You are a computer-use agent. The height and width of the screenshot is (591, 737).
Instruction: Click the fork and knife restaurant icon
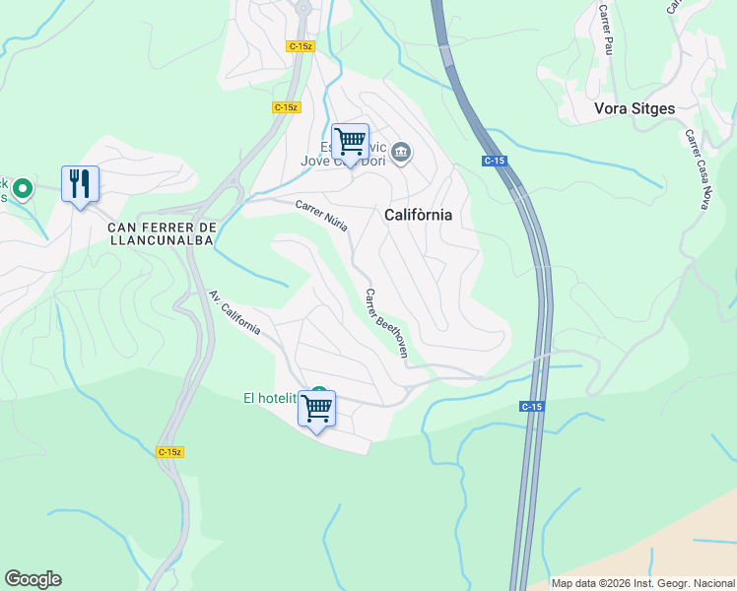(x=81, y=184)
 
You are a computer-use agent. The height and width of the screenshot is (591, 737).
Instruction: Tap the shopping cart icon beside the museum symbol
(x=350, y=142)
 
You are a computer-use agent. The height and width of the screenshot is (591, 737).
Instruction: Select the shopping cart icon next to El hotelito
(x=316, y=408)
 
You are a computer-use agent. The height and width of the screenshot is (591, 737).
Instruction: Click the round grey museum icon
(x=401, y=152)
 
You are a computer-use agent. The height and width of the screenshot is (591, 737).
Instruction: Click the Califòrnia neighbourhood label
(x=417, y=214)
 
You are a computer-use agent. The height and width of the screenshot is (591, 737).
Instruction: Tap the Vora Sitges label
(x=635, y=108)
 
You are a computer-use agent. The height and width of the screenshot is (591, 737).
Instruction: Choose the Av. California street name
(x=234, y=312)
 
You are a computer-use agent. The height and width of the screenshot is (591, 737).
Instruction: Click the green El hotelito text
(x=270, y=398)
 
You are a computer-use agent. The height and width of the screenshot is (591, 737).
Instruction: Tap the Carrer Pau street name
(x=605, y=29)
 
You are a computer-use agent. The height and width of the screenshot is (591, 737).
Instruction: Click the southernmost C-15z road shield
(x=169, y=451)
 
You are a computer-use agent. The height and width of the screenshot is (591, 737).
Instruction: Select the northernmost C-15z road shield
(x=300, y=46)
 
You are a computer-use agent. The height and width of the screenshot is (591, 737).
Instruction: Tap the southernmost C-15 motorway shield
(x=532, y=406)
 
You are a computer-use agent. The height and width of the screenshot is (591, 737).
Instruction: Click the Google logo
(x=33, y=579)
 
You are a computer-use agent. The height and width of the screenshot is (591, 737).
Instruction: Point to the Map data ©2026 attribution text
(x=642, y=582)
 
